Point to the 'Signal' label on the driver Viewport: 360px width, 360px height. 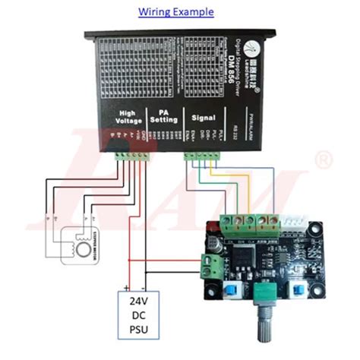tap(204, 118)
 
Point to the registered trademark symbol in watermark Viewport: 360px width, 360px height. tap(324, 160)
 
